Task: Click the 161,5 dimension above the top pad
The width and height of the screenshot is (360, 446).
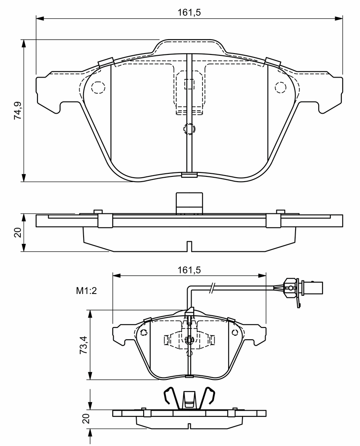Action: tap(189, 13)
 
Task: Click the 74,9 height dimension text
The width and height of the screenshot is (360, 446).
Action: tap(18, 110)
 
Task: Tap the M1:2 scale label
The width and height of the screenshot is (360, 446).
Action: tap(87, 291)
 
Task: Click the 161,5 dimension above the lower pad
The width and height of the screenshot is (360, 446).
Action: tap(189, 270)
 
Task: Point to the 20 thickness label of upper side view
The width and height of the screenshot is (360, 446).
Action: tap(18, 233)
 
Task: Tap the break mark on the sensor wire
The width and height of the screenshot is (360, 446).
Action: tap(212, 288)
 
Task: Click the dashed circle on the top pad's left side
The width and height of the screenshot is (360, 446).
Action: tap(98, 87)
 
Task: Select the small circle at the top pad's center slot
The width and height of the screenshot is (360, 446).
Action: tap(189, 129)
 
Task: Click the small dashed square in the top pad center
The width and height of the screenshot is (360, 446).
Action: tap(189, 84)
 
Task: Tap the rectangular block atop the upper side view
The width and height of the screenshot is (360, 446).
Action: tap(189, 203)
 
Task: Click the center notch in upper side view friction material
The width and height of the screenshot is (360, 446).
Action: tap(189, 247)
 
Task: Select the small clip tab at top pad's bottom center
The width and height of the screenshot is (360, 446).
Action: tap(189, 175)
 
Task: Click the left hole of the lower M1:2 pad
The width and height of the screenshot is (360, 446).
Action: tap(144, 332)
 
